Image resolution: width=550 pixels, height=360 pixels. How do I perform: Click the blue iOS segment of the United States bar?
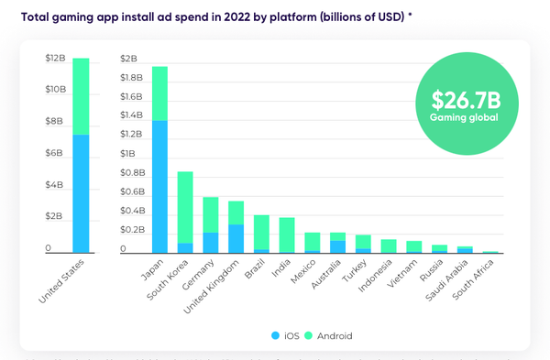point(81,193)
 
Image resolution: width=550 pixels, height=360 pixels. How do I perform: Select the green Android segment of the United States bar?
point(81,96)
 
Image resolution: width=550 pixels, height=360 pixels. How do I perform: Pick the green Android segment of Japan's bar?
point(159,93)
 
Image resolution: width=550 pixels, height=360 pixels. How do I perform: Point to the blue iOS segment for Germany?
point(211,242)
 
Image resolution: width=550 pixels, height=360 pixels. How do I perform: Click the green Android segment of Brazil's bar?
point(262,232)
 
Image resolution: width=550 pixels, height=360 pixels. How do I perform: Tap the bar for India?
point(287,235)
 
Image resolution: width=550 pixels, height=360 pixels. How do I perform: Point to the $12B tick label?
point(55,58)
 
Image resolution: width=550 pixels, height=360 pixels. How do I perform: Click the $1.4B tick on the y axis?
point(131,115)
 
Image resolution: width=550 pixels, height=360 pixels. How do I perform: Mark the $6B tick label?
point(55,153)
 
